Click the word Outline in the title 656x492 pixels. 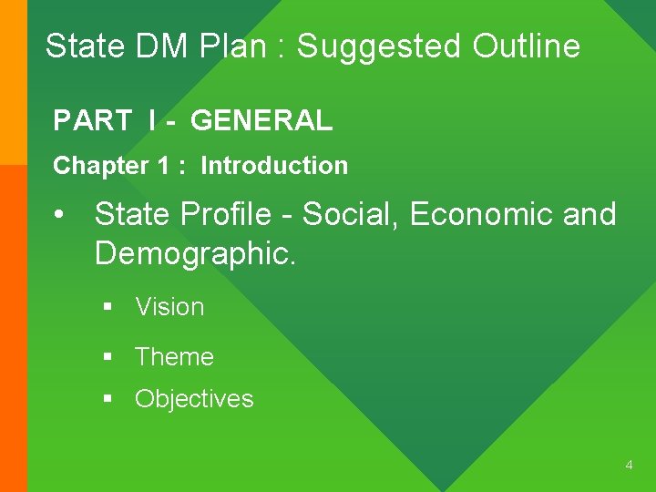coord(527,46)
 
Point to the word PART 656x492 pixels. coord(92,120)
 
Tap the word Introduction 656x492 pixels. coord(274,166)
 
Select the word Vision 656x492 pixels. coord(169,307)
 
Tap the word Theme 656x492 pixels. coord(174,357)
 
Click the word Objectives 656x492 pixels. coord(194,399)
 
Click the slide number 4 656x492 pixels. coord(629,466)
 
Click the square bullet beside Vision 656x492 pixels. coord(108,308)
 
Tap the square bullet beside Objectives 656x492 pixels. coord(108,399)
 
